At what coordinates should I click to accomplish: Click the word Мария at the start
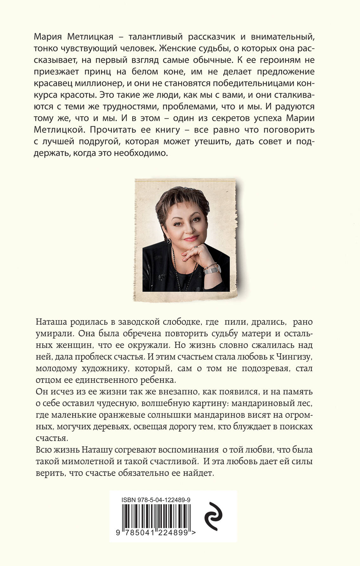click(x=49, y=37)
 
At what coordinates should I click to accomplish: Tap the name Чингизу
click(x=294, y=357)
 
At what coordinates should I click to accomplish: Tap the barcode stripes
click(x=156, y=516)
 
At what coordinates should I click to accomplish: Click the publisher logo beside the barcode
click(x=214, y=516)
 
